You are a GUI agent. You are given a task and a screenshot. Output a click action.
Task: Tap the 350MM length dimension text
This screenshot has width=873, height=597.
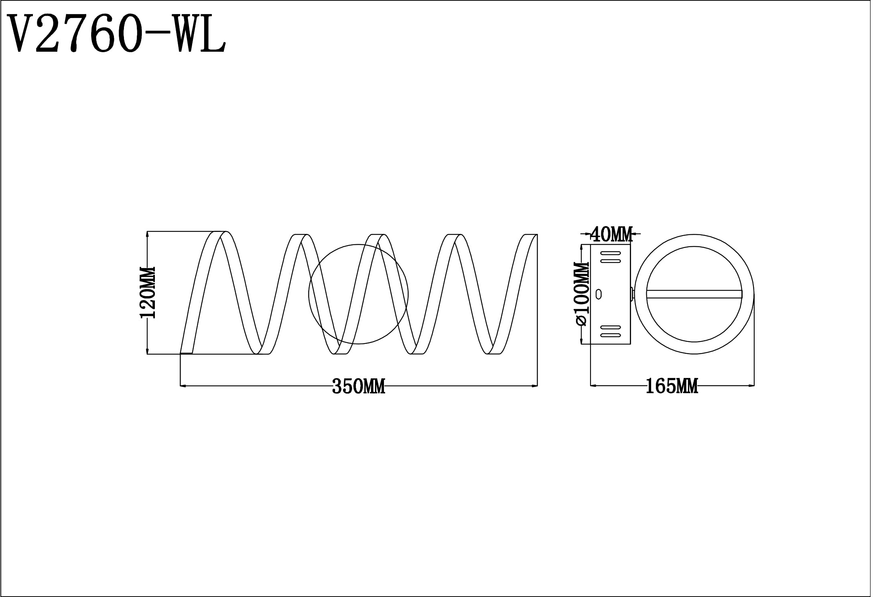click(x=359, y=387)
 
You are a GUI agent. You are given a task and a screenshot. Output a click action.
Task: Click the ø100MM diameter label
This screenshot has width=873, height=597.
click(x=582, y=294)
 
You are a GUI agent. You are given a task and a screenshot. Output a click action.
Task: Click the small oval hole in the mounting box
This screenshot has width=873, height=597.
click(x=599, y=294)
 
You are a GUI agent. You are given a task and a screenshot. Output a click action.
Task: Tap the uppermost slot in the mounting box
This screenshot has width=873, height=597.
click(x=610, y=254)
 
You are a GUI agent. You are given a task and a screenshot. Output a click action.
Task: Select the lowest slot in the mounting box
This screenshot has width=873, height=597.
click(x=610, y=335)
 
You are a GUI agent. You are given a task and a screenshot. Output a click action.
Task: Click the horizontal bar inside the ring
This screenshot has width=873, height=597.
click(x=694, y=294)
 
